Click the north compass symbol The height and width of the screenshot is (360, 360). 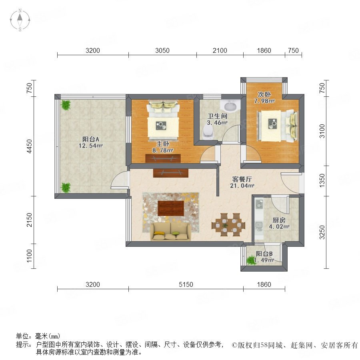(x=20, y=20)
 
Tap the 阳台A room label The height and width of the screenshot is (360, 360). (x=91, y=142)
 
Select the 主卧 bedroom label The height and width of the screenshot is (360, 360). (x=163, y=147)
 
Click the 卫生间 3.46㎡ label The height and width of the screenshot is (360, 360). (x=217, y=119)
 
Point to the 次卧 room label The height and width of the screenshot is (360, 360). (x=264, y=97)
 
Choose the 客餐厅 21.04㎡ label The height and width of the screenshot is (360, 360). (x=242, y=182)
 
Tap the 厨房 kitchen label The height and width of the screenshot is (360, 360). (x=279, y=223)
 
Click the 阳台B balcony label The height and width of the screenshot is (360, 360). (x=264, y=257)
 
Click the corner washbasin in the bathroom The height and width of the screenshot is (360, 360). (x=230, y=106)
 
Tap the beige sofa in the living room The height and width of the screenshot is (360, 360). (x=171, y=232)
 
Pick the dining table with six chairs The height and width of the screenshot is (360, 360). (x=228, y=225)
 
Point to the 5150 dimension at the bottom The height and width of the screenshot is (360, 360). (x=186, y=285)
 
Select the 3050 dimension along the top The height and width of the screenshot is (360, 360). (x=162, y=50)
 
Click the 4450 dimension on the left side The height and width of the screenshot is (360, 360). (x=30, y=146)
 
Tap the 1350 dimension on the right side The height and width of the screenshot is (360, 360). (x=322, y=180)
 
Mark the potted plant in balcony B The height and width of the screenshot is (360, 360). (x=251, y=260)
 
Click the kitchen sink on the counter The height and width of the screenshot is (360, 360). (x=259, y=226)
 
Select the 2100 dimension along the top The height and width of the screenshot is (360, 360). (x=220, y=50)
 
